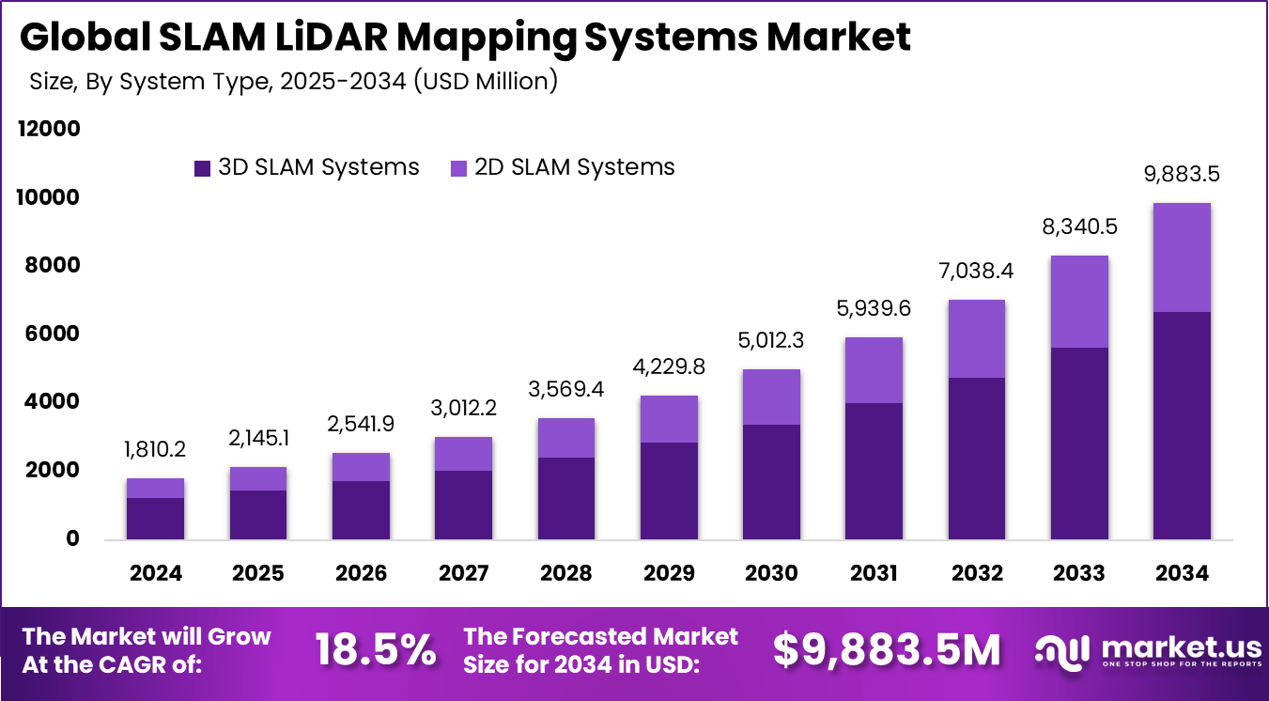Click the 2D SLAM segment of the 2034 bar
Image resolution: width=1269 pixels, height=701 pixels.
tap(1182, 257)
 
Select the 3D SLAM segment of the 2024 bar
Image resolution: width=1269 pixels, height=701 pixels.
tap(155, 519)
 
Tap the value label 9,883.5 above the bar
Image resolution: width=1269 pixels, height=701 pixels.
tap(1182, 175)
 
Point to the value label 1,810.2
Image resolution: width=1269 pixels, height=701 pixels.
tap(155, 450)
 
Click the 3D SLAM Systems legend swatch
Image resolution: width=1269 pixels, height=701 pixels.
tap(202, 168)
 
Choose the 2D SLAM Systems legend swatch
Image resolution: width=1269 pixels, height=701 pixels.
tap(458, 168)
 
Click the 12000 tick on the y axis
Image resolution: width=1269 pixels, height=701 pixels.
tap(49, 129)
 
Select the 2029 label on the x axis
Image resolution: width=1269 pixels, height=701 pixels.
tap(668, 573)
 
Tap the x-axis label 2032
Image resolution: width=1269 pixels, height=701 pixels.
tap(976, 573)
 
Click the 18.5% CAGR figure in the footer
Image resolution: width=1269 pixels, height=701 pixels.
tap(375, 650)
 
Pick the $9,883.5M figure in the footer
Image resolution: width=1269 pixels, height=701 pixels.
tap(887, 650)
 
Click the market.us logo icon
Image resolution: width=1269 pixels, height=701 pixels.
tap(1060, 649)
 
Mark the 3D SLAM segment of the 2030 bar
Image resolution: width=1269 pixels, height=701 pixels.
tap(771, 482)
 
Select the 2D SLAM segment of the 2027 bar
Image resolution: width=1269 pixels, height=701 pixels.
tap(463, 454)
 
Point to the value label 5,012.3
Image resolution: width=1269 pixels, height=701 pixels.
tap(771, 340)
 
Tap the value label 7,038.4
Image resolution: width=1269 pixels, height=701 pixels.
tap(976, 272)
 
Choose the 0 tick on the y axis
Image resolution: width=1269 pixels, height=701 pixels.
tap(73, 539)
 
